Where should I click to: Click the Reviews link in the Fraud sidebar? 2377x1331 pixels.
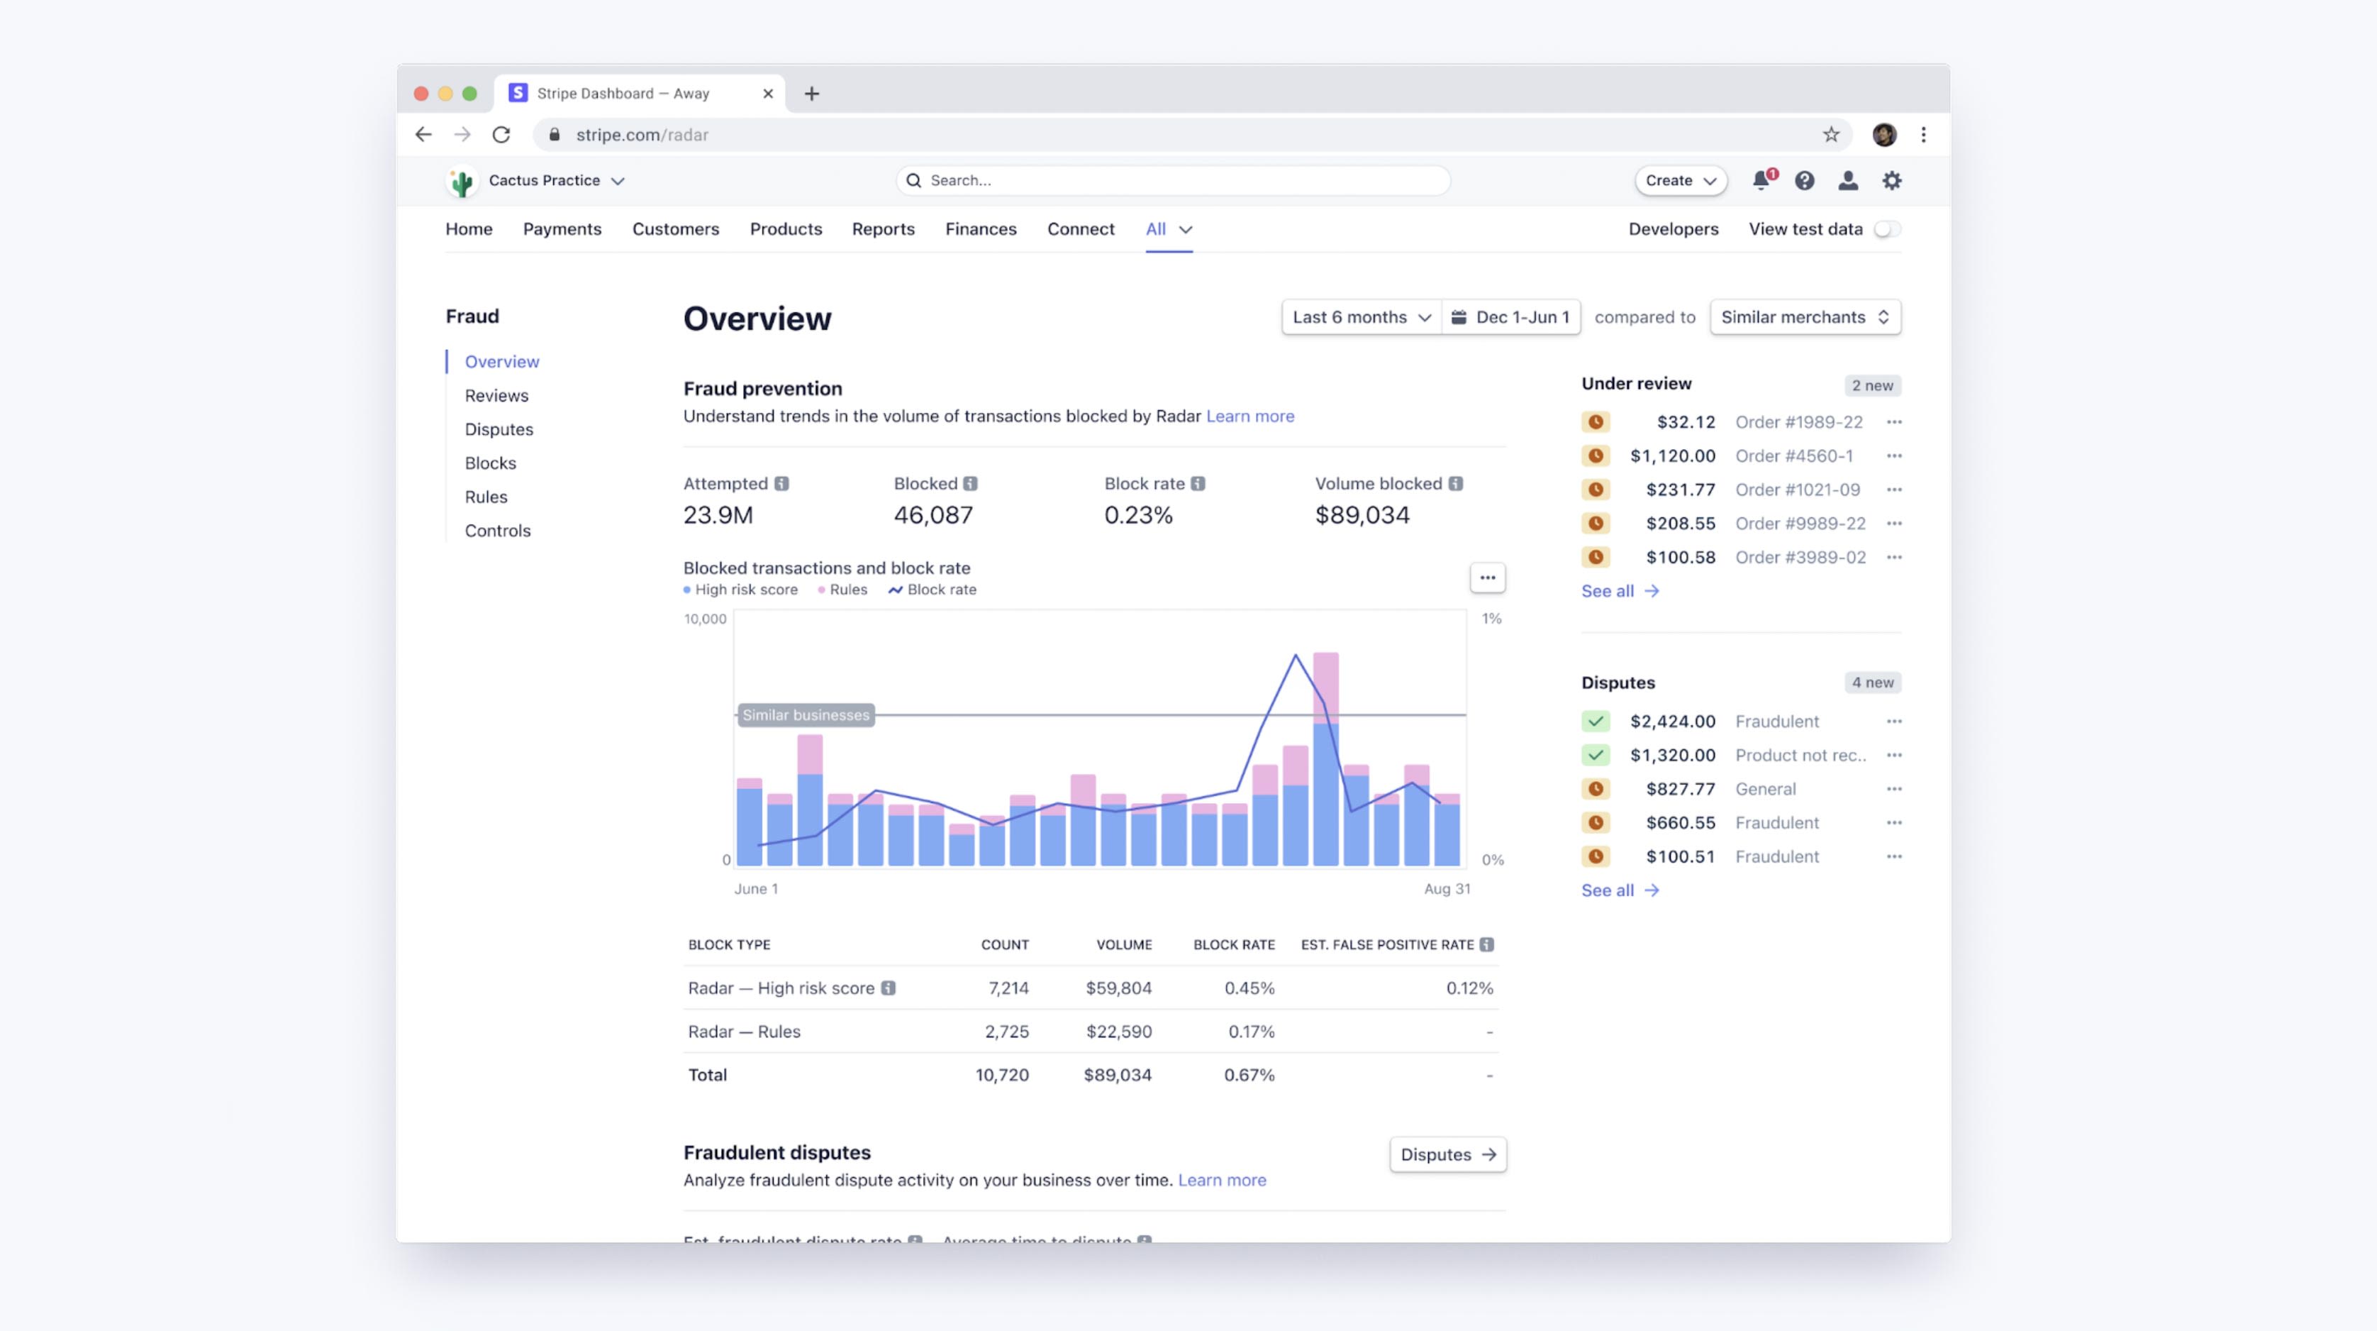496,395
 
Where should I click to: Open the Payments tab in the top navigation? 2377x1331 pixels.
561,229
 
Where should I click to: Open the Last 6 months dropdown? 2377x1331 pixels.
1361,316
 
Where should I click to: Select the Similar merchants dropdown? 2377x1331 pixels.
1804,316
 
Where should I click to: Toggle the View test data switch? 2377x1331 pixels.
1887,229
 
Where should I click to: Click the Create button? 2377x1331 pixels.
1679,180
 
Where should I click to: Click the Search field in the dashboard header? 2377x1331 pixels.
1172,180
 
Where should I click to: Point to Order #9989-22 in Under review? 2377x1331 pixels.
1799,524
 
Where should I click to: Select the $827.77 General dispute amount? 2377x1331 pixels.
1679,789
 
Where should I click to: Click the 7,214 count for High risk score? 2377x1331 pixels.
1008,988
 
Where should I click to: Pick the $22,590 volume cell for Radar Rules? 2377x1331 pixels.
1118,1031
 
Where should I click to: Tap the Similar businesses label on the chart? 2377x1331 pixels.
806,714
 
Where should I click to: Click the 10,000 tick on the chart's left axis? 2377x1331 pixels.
705,619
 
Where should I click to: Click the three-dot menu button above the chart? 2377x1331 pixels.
1486,578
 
